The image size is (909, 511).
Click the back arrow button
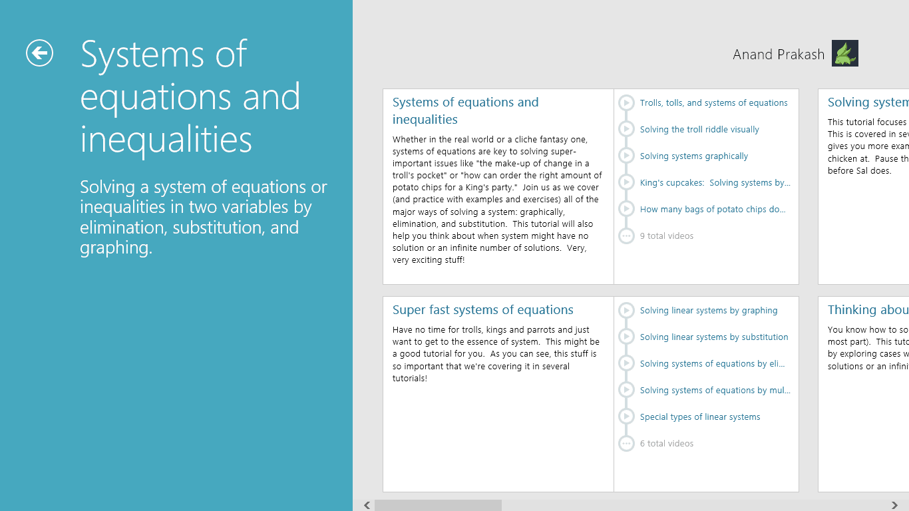tap(39, 53)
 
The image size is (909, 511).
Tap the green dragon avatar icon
tap(844, 53)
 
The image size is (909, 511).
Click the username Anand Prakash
tap(778, 55)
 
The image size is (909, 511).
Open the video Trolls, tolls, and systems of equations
tap(713, 103)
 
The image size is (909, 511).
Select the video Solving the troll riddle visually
tap(699, 130)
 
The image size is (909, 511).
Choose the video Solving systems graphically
tap(693, 156)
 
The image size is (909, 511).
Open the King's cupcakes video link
tap(715, 183)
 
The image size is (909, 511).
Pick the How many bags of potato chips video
tap(713, 210)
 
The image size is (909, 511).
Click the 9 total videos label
tap(666, 236)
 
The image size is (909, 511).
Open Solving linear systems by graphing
tap(708, 311)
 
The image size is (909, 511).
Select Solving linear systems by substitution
tap(713, 337)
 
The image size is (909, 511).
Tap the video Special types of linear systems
tap(699, 417)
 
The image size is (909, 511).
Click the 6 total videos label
tap(666, 444)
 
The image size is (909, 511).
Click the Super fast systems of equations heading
tap(482, 310)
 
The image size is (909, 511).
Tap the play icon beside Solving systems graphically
tap(626, 156)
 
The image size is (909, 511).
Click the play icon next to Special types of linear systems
tap(626, 417)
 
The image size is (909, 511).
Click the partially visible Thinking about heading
tap(867, 310)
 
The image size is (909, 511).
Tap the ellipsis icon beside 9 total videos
tap(626, 236)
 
